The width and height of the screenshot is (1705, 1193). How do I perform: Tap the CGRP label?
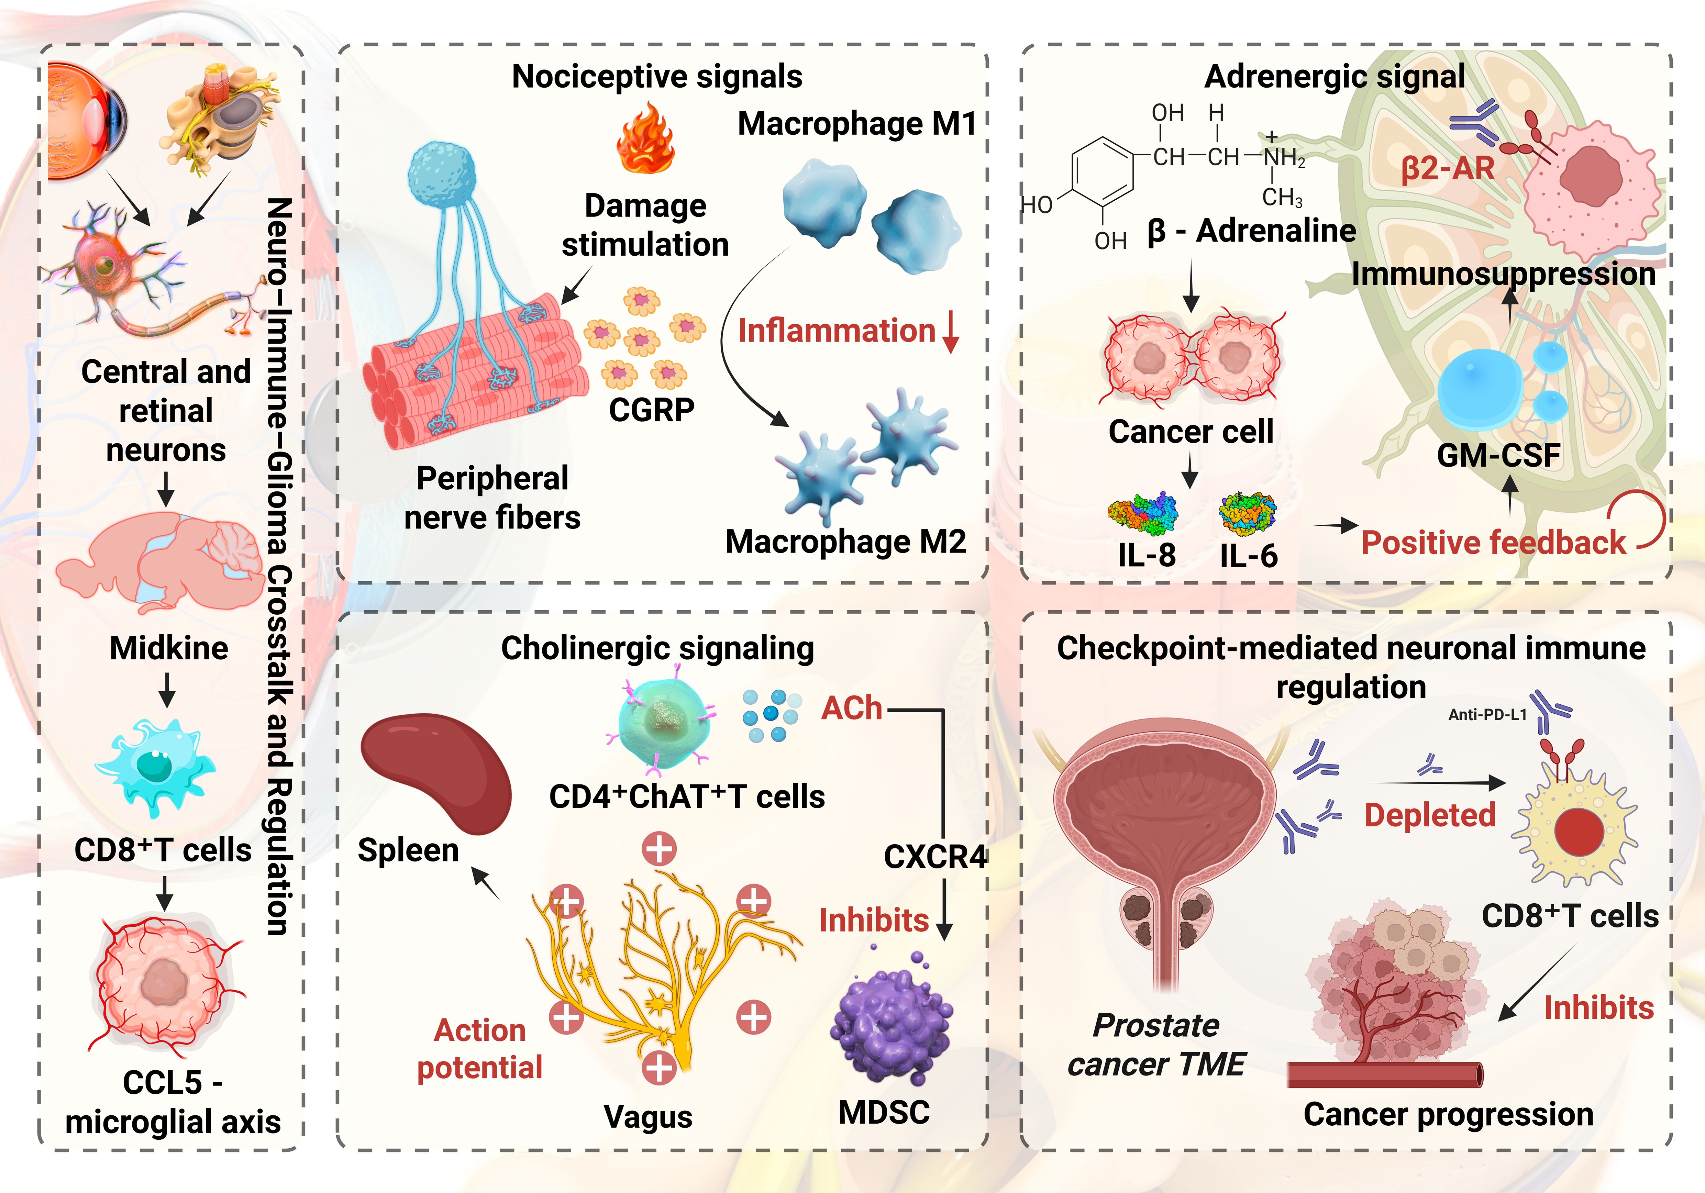point(651,409)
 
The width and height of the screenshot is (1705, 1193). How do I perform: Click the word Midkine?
point(168,648)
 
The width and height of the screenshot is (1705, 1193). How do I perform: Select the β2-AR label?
point(1447,168)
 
